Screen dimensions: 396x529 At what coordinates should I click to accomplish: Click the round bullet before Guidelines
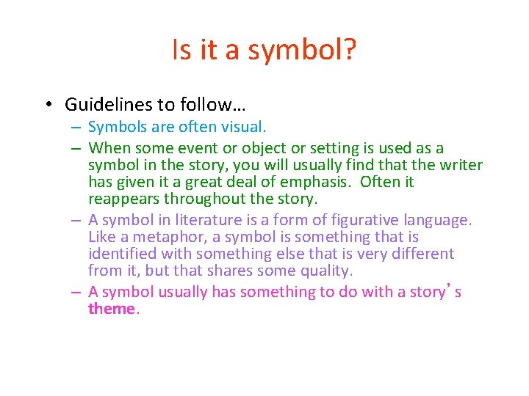coord(46,105)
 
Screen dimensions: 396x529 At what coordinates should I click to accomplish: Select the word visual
coord(244,128)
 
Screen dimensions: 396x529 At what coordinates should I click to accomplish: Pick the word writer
coord(457,165)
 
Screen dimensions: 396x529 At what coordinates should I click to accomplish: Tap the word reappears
coord(124,199)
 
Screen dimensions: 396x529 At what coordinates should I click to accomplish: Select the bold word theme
coord(112,309)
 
